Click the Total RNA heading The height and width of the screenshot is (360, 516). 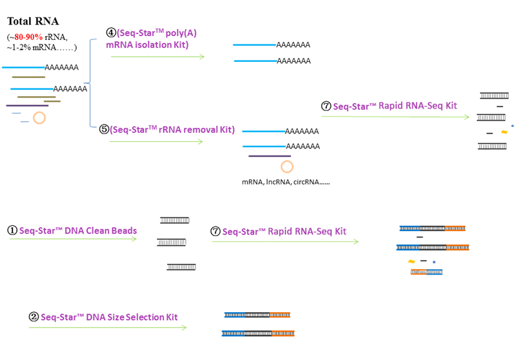[33, 21]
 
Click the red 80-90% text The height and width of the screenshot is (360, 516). [28, 37]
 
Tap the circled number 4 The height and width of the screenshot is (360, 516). [110, 32]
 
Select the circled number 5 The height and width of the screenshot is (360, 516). [104, 129]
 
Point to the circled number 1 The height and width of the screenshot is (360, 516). [12, 230]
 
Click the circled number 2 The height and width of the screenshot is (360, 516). [34, 317]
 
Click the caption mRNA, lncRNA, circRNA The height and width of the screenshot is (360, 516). [286, 182]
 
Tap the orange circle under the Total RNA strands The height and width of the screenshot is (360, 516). [39, 117]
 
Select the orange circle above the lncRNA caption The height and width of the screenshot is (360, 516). [287, 166]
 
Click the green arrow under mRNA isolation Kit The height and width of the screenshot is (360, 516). [157, 57]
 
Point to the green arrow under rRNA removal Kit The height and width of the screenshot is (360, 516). [155, 141]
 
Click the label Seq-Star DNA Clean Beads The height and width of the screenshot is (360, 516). [78, 230]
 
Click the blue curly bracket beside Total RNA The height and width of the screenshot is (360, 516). [91, 83]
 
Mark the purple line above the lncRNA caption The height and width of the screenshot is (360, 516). [269, 155]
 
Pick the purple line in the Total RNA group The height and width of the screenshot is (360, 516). [27, 105]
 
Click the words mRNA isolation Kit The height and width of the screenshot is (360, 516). [147, 45]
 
